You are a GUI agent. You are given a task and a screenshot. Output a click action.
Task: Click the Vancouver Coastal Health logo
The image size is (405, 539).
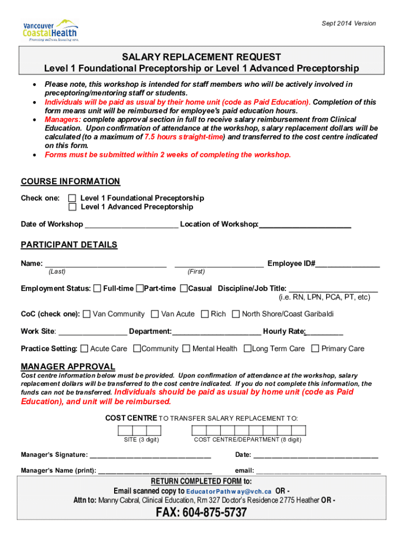pos(50,30)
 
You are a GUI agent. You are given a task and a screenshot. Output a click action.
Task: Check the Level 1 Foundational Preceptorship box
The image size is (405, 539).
pos(73,198)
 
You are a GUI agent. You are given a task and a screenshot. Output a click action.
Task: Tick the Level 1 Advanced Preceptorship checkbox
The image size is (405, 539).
pos(73,207)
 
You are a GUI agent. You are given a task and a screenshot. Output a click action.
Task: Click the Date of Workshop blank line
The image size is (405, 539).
pos(131,225)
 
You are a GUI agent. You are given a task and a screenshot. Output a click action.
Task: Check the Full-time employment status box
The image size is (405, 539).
pos(97,288)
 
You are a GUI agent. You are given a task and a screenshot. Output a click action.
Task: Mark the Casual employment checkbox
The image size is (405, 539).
pos(184,288)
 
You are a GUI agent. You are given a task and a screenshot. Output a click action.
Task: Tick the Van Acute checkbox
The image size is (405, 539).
pos(155,314)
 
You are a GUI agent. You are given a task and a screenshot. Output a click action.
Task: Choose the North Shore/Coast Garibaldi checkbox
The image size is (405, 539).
pos(236,314)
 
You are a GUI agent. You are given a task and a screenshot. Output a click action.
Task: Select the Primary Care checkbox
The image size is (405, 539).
pos(315,348)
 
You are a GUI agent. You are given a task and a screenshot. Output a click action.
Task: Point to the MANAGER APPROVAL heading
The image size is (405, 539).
pos(68,366)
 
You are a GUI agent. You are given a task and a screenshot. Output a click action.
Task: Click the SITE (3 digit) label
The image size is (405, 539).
pos(141,440)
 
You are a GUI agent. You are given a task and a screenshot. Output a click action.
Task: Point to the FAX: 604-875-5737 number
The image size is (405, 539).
pos(201,513)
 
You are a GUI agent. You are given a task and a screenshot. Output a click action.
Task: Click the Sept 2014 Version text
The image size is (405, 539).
pos(349,23)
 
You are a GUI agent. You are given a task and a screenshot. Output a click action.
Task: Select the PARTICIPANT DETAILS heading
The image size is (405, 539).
pos(69,245)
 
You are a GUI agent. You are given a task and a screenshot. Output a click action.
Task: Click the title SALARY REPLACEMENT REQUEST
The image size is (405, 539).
pos(202,57)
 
